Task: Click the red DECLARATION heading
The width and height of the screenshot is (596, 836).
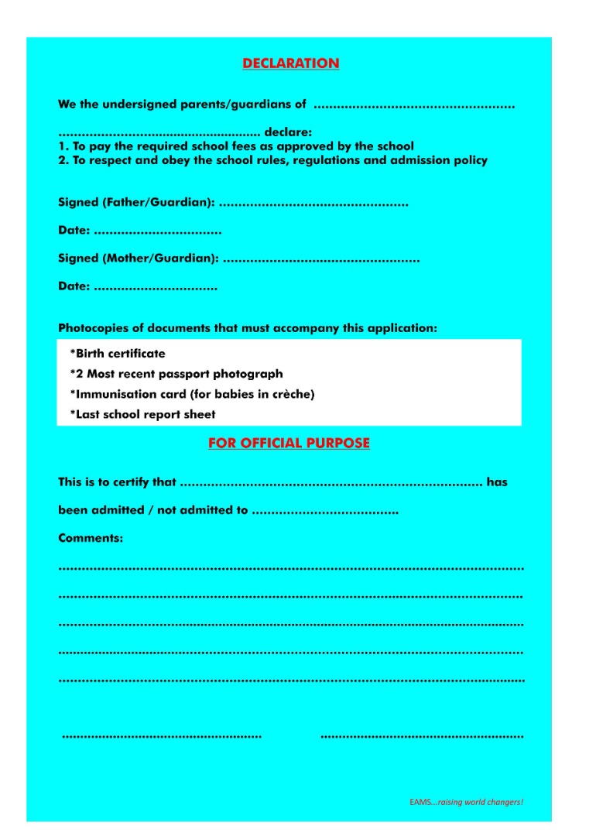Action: pos(290,63)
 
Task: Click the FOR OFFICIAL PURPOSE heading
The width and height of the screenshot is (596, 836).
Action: pos(289,444)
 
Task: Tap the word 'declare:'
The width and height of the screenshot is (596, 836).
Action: pos(288,132)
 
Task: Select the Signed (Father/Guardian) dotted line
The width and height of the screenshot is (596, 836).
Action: pos(313,204)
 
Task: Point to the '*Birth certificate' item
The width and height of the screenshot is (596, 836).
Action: pos(118,354)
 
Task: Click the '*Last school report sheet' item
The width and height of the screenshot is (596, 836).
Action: pos(142,414)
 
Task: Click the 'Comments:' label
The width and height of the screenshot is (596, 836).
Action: pos(91,538)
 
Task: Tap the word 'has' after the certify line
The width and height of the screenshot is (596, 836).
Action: pos(497,482)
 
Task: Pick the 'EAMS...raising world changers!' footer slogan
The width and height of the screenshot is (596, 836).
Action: pos(466,802)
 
